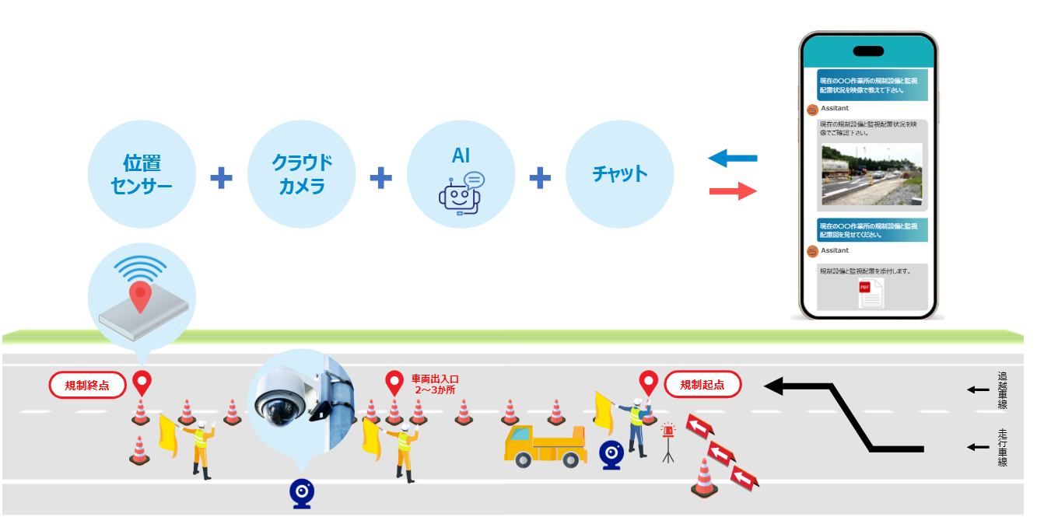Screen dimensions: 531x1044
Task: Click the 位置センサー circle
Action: pyautogui.click(x=142, y=173)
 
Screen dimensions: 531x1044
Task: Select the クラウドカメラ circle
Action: pyautogui.click(x=301, y=173)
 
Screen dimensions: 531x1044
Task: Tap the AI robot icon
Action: pyautogui.click(x=460, y=194)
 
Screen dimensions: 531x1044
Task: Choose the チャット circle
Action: pyautogui.click(x=619, y=173)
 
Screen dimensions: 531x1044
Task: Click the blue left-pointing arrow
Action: pyautogui.click(x=732, y=159)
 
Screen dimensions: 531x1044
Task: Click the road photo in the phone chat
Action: pyautogui.click(x=872, y=174)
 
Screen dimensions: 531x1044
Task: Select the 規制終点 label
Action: pyautogui.click(x=87, y=385)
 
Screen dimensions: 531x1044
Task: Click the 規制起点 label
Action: pyautogui.click(x=702, y=384)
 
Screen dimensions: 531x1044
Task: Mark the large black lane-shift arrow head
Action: pyautogui.click(x=778, y=385)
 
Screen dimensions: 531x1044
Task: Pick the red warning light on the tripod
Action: pyautogui.click(x=667, y=431)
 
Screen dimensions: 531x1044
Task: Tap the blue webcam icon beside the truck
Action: pyautogui.click(x=611, y=455)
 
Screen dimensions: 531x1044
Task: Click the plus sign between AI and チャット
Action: pyautogui.click(x=540, y=178)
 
